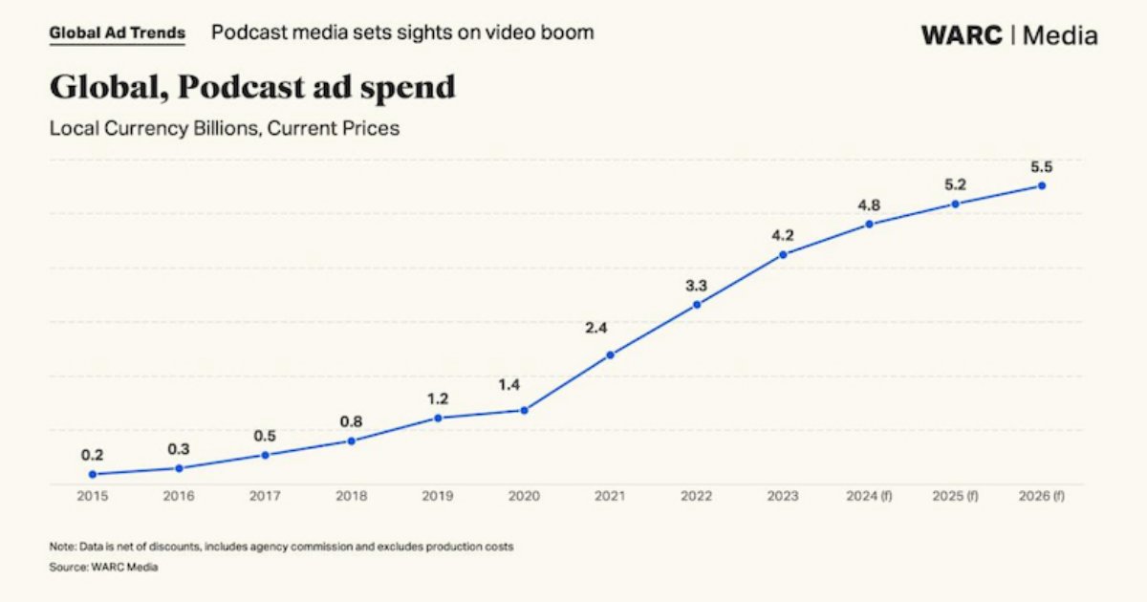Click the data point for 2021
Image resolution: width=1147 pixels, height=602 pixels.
(x=610, y=355)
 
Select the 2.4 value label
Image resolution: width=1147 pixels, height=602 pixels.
(x=596, y=328)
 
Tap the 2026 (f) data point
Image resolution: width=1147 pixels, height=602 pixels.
(x=1041, y=185)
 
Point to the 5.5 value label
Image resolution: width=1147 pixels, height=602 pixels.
(x=1041, y=166)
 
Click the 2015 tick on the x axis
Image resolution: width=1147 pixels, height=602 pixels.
(x=93, y=496)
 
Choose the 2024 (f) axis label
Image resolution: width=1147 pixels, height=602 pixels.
(x=868, y=496)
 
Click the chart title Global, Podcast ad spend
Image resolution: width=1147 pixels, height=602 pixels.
(x=252, y=87)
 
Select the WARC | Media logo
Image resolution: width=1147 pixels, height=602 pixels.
(x=1009, y=35)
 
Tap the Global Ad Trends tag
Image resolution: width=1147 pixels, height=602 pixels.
(x=117, y=32)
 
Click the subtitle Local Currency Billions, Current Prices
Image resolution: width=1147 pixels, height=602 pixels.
(x=225, y=127)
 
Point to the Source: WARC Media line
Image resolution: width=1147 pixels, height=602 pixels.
(x=103, y=567)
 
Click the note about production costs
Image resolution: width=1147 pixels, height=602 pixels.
(x=281, y=547)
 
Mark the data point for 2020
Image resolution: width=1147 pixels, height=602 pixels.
(x=524, y=410)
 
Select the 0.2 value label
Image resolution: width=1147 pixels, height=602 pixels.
(x=93, y=455)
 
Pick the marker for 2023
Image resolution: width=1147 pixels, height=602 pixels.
(x=783, y=254)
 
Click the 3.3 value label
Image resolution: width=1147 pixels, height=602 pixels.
(x=696, y=285)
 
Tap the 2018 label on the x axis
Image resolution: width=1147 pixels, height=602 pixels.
(x=351, y=496)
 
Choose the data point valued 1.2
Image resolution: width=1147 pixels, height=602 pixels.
(x=438, y=418)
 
